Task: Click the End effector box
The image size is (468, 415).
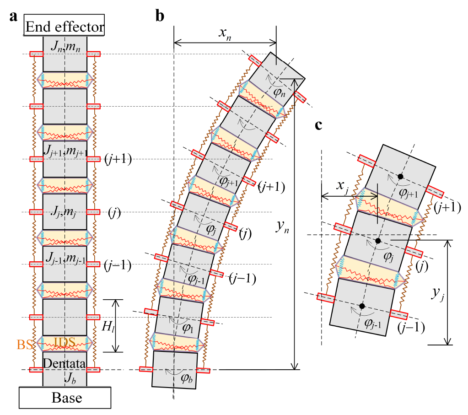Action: click(x=65, y=27)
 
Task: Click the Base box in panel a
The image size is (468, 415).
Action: click(x=65, y=397)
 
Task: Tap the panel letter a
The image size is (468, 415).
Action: click(x=13, y=16)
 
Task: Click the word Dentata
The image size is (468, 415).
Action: click(x=64, y=363)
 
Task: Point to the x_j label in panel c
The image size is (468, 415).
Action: click(x=341, y=187)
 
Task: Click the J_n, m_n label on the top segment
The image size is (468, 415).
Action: click(x=64, y=46)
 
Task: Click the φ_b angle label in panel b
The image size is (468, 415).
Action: click(x=186, y=378)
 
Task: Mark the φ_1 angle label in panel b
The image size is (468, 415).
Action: click(x=188, y=328)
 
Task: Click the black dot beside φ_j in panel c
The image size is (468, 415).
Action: click(x=378, y=240)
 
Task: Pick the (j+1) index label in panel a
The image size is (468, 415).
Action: click(x=118, y=159)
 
